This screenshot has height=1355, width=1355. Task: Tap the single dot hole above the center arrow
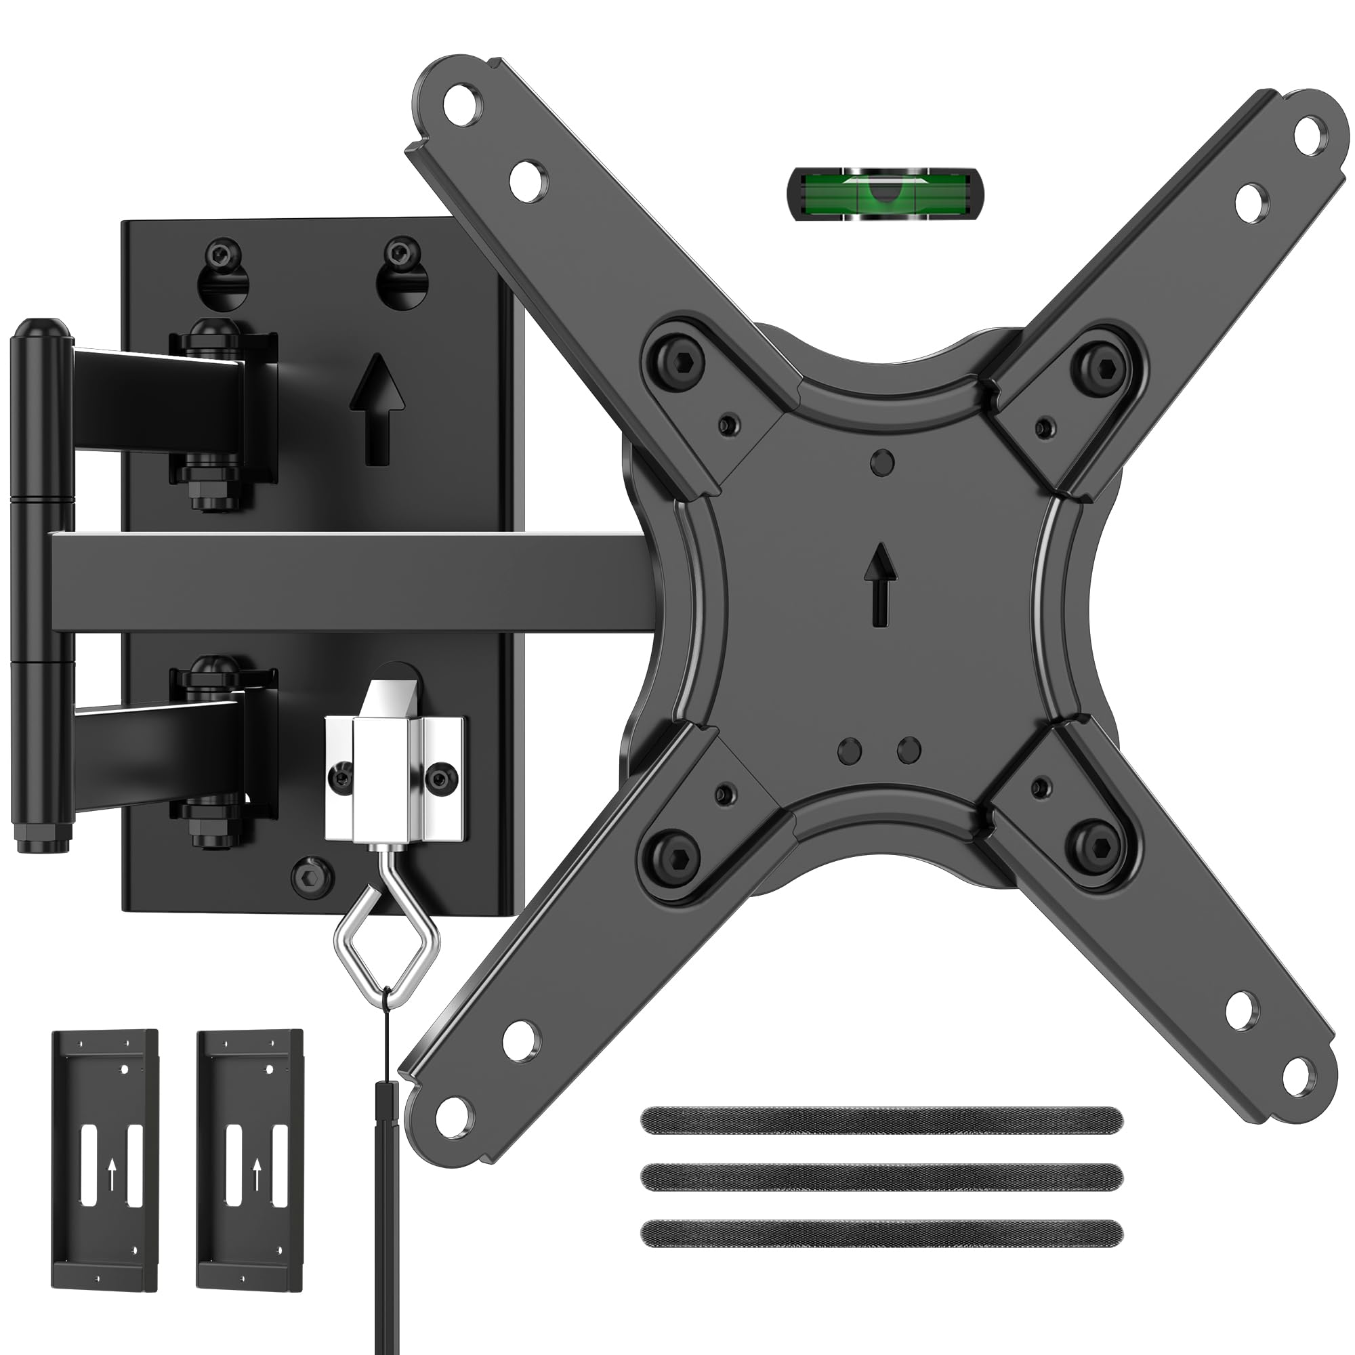click(x=881, y=462)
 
